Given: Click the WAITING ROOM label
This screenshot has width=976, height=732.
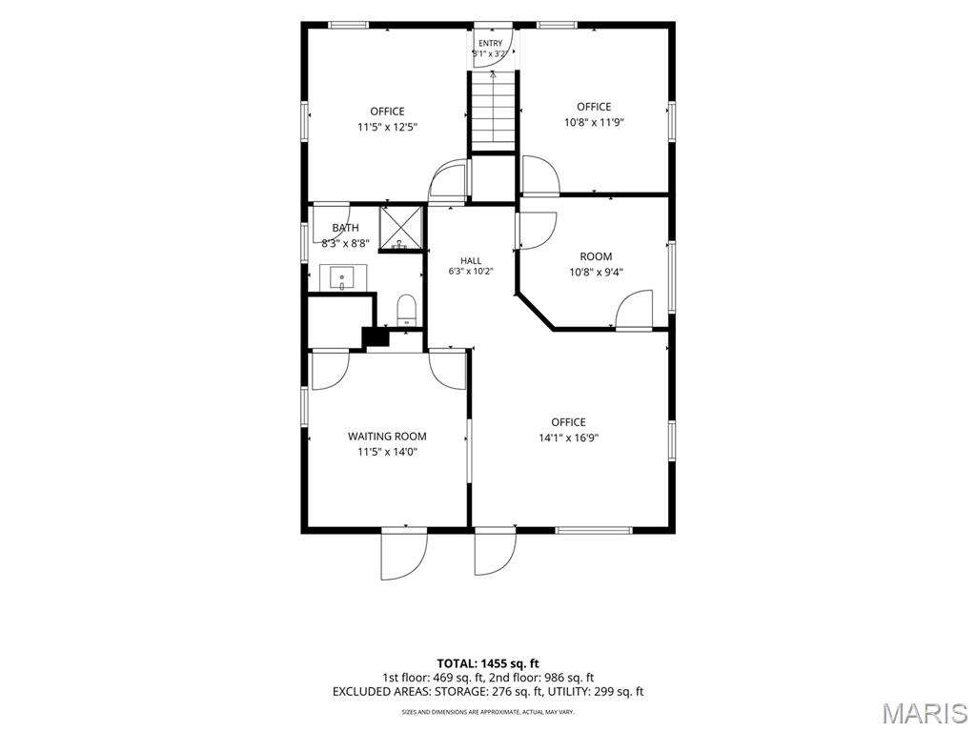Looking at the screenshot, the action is pyautogui.click(x=387, y=437).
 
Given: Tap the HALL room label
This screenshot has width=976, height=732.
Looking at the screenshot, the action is pyautogui.click(x=471, y=261).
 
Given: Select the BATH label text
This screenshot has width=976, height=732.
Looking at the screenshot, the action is pyautogui.click(x=345, y=228).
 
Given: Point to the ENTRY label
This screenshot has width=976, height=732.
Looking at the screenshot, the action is pyautogui.click(x=491, y=43).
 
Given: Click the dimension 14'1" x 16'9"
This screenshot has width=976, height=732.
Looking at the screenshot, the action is pyautogui.click(x=569, y=437).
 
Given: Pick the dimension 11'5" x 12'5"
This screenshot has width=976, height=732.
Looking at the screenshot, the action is pyautogui.click(x=387, y=127).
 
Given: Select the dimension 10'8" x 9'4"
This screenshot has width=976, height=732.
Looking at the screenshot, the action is pyautogui.click(x=596, y=272).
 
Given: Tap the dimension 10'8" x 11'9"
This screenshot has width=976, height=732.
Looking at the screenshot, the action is pyautogui.click(x=594, y=123).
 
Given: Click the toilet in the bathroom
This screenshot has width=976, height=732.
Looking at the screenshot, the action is pyautogui.click(x=406, y=310).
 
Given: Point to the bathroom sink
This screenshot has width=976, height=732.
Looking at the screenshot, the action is pyautogui.click(x=342, y=277).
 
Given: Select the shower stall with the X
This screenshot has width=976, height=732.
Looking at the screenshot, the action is pyautogui.click(x=401, y=228).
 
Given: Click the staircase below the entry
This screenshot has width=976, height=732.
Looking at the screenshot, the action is pyautogui.click(x=494, y=112).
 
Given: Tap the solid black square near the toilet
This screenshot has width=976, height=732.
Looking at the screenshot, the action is pyautogui.click(x=376, y=336).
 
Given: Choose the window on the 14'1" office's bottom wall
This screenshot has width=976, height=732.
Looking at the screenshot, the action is pyautogui.click(x=593, y=530).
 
